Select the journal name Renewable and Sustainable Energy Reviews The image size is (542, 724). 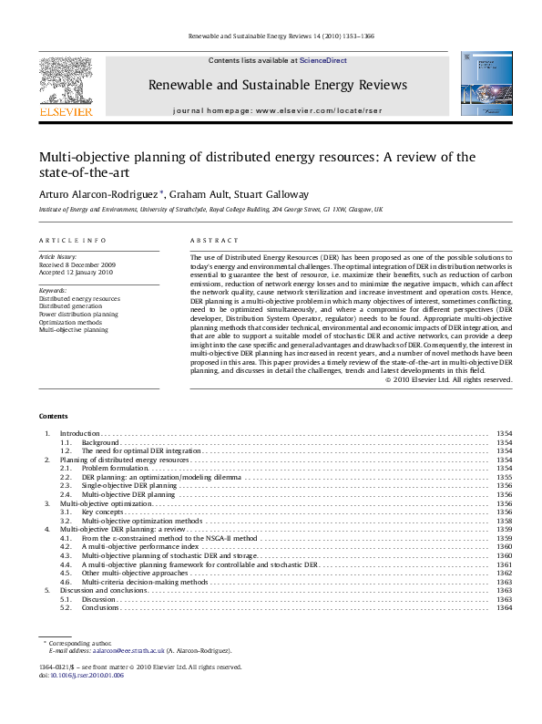coord(277,85)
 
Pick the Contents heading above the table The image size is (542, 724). coord(53,416)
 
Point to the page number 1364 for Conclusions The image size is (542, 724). coord(504,607)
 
